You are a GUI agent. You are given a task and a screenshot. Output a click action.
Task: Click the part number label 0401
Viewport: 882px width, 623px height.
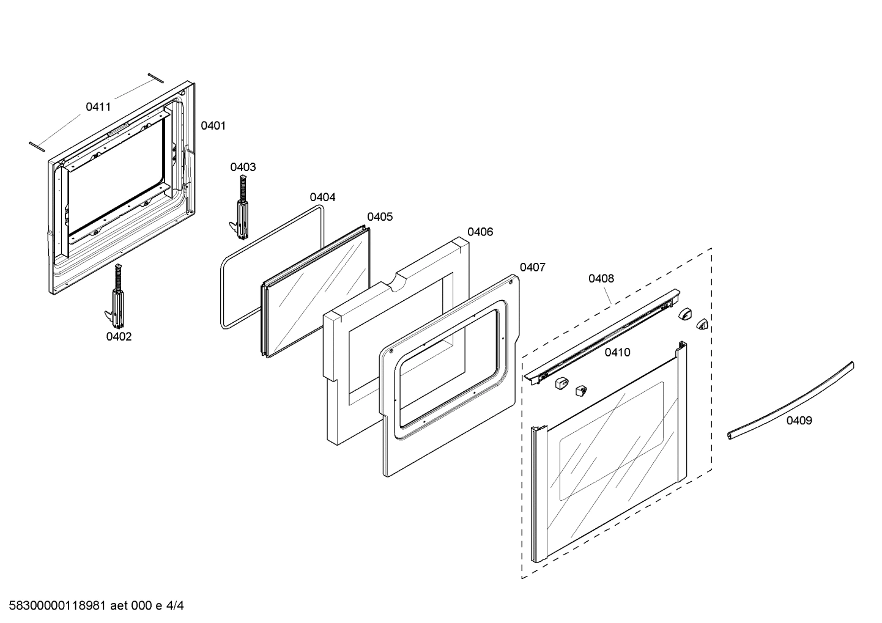coord(213,125)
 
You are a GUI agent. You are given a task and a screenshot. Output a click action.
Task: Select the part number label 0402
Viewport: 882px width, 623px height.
coord(119,336)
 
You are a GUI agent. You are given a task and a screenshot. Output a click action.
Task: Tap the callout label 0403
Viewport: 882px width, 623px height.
coord(243,167)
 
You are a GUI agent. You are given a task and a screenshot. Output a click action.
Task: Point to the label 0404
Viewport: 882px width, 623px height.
coord(322,197)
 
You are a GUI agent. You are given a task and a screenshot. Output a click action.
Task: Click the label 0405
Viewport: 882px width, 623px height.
coord(380,216)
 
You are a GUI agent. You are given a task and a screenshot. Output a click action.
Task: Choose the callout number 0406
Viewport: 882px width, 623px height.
coord(480,232)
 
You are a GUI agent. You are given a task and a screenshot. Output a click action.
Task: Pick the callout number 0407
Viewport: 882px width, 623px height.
coord(533,267)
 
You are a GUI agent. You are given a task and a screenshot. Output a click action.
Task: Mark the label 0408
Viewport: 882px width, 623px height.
coord(601,278)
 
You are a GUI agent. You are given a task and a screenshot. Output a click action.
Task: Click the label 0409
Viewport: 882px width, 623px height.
coord(799,420)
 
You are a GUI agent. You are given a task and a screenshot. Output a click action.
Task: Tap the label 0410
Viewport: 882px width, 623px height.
coord(617,352)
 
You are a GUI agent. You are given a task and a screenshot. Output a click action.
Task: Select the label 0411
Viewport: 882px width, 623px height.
coord(98,107)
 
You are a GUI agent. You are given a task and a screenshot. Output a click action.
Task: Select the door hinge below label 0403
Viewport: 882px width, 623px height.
coord(242,208)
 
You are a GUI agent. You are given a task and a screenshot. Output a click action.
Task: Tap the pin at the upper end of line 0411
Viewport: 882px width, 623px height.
coord(155,77)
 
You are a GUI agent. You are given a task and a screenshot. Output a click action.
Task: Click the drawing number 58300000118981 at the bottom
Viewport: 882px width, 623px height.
coord(55,606)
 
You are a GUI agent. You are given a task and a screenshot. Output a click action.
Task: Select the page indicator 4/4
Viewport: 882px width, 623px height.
coord(175,606)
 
